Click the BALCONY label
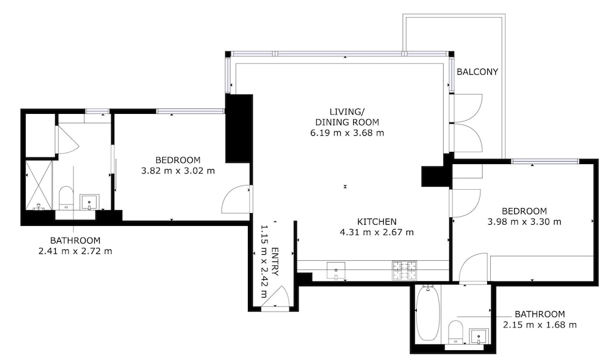(x=477, y=72)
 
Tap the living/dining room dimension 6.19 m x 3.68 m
(x=347, y=133)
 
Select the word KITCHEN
(x=377, y=222)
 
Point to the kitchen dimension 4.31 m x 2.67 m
(x=376, y=232)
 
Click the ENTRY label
(x=275, y=261)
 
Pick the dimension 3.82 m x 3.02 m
(x=178, y=171)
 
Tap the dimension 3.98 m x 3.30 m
(x=524, y=222)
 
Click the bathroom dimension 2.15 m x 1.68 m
(x=539, y=324)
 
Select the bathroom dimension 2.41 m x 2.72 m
(x=75, y=251)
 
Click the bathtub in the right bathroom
(x=428, y=313)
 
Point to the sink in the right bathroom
(x=479, y=336)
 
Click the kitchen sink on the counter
(x=336, y=270)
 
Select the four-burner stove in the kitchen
(x=405, y=271)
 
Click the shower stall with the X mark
(x=39, y=185)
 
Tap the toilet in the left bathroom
(x=66, y=198)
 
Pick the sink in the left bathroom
(x=89, y=202)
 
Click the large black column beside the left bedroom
(x=239, y=129)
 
